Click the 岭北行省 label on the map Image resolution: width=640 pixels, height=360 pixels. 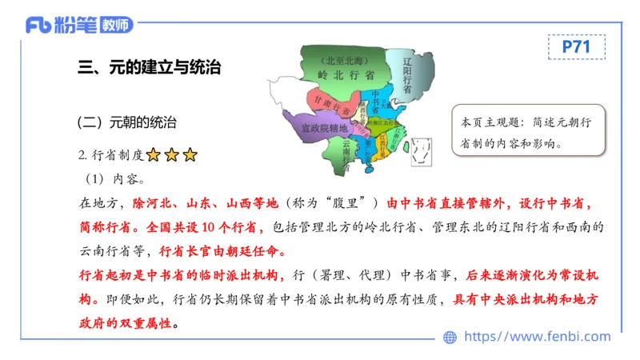[346, 74]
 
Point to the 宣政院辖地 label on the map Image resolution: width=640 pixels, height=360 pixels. [322, 128]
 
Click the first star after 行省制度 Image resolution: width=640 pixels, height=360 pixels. [153, 155]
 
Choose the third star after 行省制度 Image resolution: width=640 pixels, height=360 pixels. [189, 155]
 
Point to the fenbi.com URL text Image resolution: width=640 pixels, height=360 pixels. [537, 337]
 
